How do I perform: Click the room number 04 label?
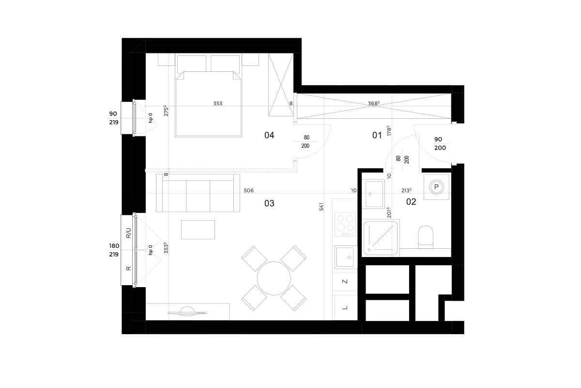[269, 135]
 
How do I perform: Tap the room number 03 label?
[269, 203]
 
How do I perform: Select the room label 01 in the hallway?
[377, 135]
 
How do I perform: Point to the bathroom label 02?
[411, 202]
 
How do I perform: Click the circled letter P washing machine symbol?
[436, 187]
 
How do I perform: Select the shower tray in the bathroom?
[381, 238]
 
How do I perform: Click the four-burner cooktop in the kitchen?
[345, 225]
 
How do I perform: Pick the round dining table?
[274, 278]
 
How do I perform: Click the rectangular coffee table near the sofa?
[198, 230]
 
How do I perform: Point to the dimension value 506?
[248, 191]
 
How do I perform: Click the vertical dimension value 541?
[321, 207]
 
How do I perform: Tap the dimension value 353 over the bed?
[217, 103]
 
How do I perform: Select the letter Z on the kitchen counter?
[345, 281]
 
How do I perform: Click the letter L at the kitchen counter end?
[345, 307]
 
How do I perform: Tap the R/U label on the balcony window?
[128, 233]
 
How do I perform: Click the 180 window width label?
[114, 246]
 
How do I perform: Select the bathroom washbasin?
[373, 194]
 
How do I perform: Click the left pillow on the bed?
[192, 64]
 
